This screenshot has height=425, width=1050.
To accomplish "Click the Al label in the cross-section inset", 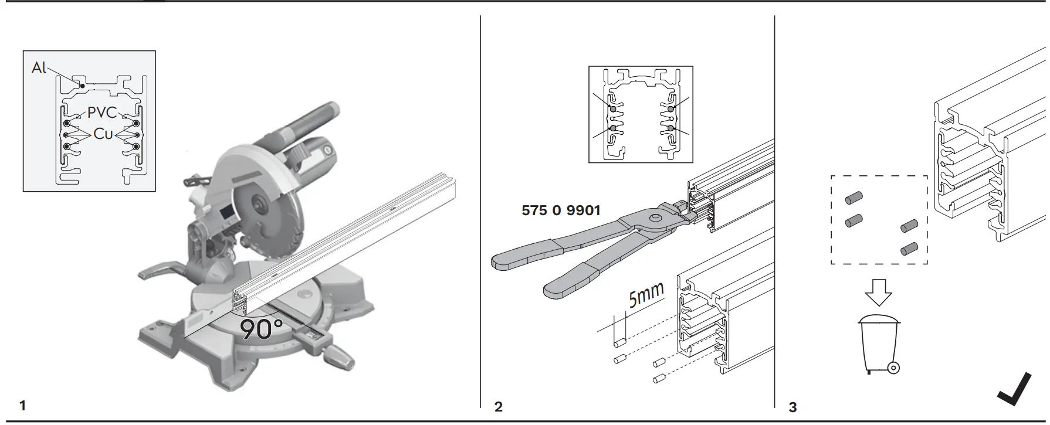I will point(38,68).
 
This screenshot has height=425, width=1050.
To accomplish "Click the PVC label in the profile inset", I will point(102,113).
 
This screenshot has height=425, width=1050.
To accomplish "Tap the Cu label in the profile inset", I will point(103,134).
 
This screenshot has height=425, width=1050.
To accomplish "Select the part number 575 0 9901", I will point(561,210).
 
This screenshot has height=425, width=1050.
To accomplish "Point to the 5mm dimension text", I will point(646,294).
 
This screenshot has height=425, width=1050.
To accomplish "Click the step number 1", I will point(22,405).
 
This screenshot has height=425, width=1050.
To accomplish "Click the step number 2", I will point(498,406).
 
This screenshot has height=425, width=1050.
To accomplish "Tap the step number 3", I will point(792,407).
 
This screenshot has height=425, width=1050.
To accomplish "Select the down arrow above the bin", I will point(878,292).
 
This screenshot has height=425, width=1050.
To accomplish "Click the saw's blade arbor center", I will point(256,206).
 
